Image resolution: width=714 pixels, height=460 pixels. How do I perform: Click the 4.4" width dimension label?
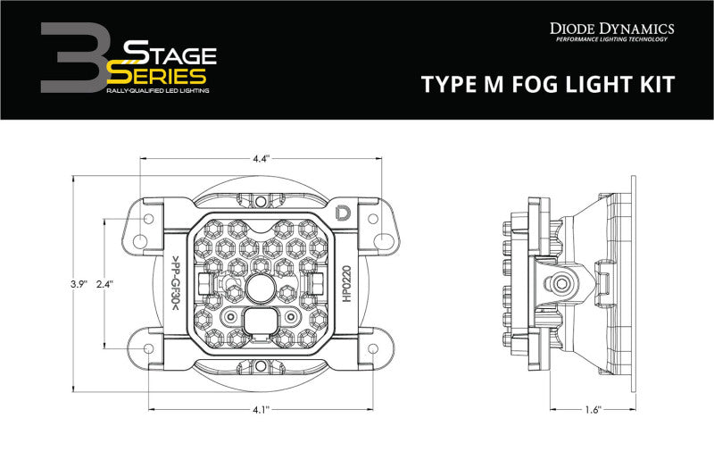[260, 159]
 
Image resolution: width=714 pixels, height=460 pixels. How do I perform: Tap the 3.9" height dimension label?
[80, 284]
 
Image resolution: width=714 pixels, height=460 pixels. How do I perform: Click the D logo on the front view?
[344, 212]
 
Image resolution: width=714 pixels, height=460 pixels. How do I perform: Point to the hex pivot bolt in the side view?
[563, 283]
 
